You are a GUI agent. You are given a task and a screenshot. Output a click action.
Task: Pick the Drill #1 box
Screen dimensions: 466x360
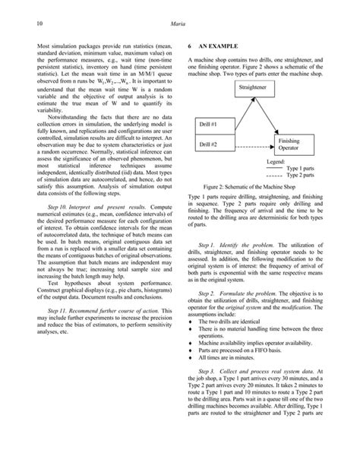(x=208, y=123)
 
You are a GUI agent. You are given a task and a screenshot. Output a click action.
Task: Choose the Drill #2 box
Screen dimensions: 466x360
(x=208, y=144)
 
